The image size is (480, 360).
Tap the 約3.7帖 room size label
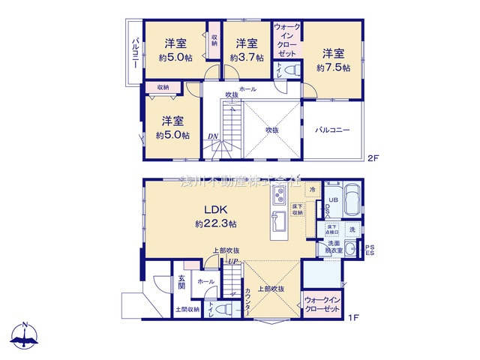point(247,57)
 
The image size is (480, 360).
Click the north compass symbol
point(25,336)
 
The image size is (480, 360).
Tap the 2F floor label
point(373,158)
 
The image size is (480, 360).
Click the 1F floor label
point(354,317)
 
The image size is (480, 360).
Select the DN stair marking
point(213,136)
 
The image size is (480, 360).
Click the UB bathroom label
point(334,199)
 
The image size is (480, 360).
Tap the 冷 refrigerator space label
point(309,192)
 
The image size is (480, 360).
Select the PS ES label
point(369,249)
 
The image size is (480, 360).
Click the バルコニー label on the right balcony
point(332,130)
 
